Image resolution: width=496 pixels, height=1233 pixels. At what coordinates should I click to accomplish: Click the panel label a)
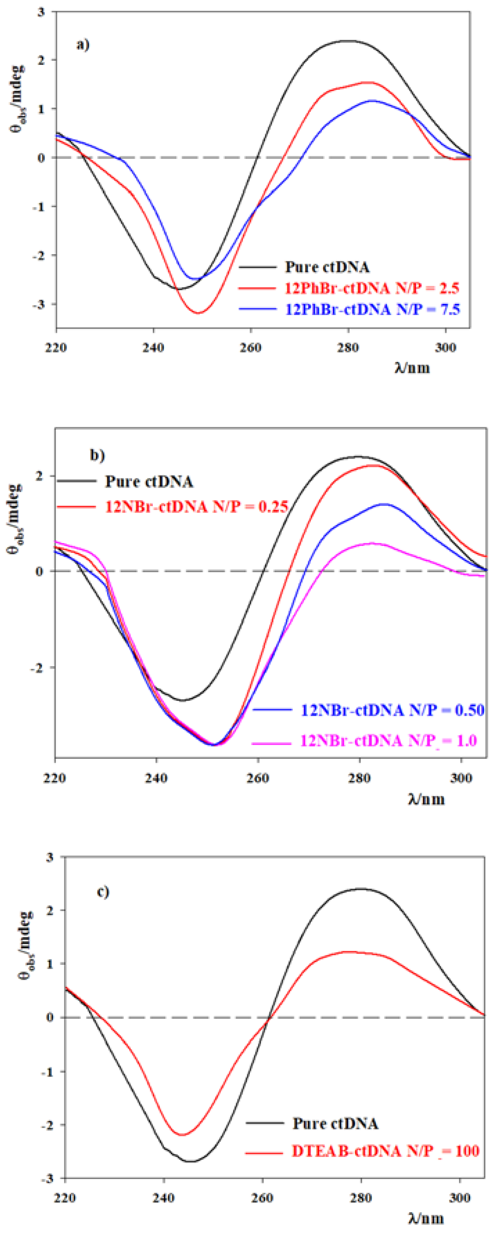pyautogui.click(x=83, y=45)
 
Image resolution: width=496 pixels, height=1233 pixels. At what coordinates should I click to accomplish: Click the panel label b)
pyautogui.click(x=97, y=455)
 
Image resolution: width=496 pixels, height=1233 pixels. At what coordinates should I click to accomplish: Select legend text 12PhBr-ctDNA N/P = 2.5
pyautogui.click(x=372, y=288)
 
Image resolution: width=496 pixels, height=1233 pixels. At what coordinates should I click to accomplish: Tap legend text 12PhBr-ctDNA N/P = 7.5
pyautogui.click(x=372, y=309)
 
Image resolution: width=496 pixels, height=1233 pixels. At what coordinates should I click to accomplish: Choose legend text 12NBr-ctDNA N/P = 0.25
pyautogui.click(x=196, y=506)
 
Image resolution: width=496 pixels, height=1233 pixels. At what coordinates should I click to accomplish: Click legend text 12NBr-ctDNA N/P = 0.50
pyautogui.click(x=392, y=710)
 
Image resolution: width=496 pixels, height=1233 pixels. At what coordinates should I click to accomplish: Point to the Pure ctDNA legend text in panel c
pyautogui.click(x=336, y=1123)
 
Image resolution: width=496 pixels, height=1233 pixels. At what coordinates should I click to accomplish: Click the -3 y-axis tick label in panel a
pyautogui.click(x=44, y=304)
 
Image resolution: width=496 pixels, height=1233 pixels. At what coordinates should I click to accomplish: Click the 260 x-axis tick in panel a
pyautogui.click(x=250, y=348)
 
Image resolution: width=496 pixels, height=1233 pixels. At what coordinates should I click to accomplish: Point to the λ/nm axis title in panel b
pyautogui.click(x=426, y=799)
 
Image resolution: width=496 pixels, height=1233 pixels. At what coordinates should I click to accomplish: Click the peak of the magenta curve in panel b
pyautogui.click(x=373, y=543)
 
